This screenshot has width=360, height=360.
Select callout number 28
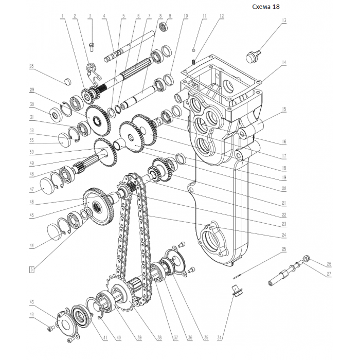pyautogui.click(x=31, y=67)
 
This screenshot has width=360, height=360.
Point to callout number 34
pyautogui.click(x=220, y=338)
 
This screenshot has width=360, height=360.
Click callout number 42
pyautogui.click(x=31, y=315)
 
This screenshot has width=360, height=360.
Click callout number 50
pyautogui.click(x=31, y=153)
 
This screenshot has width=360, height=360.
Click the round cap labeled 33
pyautogui.click(x=65, y=138)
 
